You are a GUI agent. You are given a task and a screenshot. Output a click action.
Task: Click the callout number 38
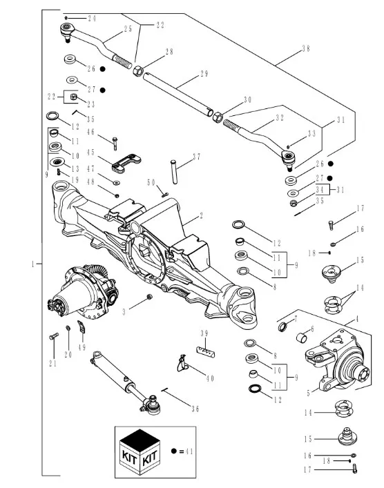(x=306, y=49)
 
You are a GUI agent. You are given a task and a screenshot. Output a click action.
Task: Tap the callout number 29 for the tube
(x=204, y=74)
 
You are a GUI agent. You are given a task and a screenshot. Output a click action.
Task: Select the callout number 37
(x=197, y=157)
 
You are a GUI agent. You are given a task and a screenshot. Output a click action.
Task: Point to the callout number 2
(x=201, y=215)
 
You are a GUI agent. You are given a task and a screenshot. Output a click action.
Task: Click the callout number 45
(x=90, y=152)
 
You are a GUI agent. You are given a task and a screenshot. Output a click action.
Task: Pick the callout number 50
(x=151, y=182)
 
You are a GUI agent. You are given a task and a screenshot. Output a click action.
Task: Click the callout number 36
(x=195, y=409)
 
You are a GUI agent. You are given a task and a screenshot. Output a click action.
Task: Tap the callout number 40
(x=210, y=378)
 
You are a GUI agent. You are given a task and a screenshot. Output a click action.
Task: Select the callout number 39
(x=204, y=333)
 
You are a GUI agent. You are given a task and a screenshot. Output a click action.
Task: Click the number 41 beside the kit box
(x=189, y=451)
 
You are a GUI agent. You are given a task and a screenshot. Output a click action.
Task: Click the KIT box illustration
(x=140, y=452)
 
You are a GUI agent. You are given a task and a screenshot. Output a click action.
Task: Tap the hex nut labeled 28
(x=137, y=71)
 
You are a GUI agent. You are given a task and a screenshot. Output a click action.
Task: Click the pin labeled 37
(x=174, y=172)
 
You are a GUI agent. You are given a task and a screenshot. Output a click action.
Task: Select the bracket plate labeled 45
(x=126, y=162)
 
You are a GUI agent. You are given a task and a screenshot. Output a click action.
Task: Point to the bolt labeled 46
(x=115, y=144)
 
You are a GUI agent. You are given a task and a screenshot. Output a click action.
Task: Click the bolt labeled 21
(x=54, y=336)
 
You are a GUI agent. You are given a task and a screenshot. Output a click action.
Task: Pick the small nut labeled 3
(x=149, y=297)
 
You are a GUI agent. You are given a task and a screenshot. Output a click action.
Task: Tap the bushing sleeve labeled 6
(x=301, y=338)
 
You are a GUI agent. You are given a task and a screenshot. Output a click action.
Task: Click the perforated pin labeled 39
(x=206, y=352)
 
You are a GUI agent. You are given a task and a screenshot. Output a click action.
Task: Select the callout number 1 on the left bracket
(x=32, y=264)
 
